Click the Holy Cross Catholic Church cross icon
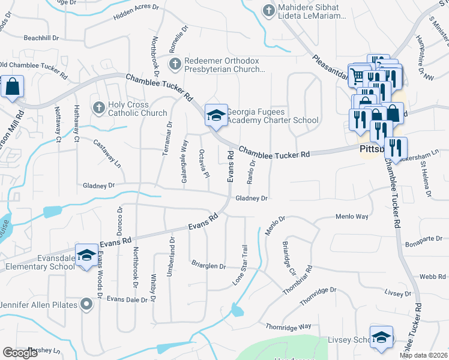click(100, 107)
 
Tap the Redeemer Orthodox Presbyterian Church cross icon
click(175, 64)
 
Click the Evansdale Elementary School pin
click(86, 256)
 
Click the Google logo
click(20, 353)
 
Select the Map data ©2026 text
click(423, 355)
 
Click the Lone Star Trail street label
click(241, 264)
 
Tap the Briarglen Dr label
click(208, 266)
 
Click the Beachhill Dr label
click(42, 37)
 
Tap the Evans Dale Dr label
click(127, 299)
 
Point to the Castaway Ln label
click(107, 153)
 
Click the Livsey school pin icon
click(382, 338)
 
